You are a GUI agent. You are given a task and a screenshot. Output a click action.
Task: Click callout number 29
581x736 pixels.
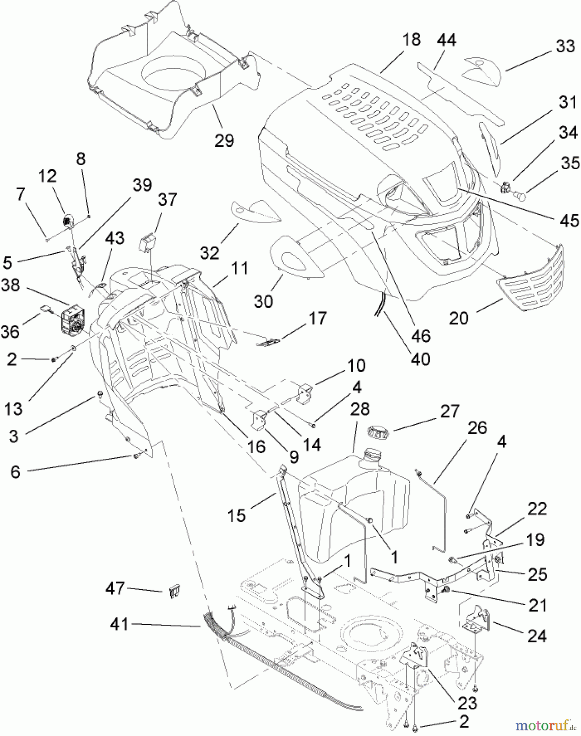[224, 141]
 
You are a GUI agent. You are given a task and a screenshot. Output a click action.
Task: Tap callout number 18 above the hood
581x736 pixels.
[411, 40]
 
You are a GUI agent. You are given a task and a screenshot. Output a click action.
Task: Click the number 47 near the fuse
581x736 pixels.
[115, 588]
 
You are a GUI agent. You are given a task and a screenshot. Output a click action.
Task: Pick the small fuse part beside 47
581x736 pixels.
[175, 592]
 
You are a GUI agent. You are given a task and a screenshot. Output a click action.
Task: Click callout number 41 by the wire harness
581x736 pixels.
[119, 624]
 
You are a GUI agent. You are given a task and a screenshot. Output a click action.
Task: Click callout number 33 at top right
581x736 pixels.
[565, 46]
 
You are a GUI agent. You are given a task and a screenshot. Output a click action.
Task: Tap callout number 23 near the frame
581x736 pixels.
[467, 703]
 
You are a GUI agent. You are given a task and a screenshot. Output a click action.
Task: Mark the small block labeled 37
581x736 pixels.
[149, 242]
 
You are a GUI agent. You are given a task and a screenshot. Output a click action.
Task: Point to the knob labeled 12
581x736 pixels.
[67, 221]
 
